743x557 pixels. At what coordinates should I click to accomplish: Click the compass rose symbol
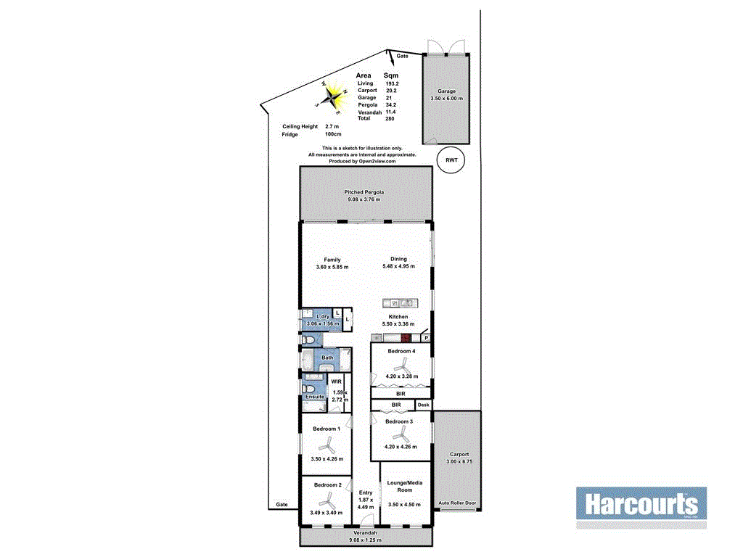click(x=334, y=96)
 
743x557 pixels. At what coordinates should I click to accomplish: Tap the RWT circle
click(x=451, y=161)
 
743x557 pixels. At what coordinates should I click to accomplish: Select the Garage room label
click(x=446, y=91)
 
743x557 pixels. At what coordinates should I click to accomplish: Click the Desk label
click(x=423, y=405)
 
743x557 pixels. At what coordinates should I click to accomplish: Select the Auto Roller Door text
click(x=456, y=503)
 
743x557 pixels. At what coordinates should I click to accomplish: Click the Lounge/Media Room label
click(x=406, y=487)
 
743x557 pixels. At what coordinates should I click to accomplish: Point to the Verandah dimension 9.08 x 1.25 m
click(x=365, y=540)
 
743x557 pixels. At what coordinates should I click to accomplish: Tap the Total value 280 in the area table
click(x=390, y=119)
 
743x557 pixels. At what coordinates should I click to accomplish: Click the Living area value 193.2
click(x=393, y=84)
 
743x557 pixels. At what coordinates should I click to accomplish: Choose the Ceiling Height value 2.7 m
click(x=332, y=127)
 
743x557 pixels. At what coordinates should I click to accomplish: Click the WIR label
click(x=336, y=381)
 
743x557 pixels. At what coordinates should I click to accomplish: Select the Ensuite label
click(x=314, y=397)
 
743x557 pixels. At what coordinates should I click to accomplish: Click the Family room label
click(x=332, y=260)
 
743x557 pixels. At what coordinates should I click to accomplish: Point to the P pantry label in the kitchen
click(x=426, y=338)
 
